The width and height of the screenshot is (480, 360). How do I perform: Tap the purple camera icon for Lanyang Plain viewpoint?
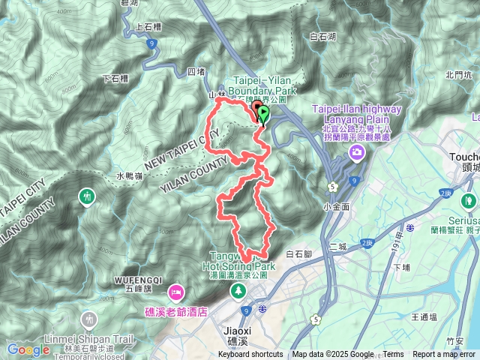click(x=356, y=153)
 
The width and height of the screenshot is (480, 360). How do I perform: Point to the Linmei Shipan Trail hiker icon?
click(x=91, y=319)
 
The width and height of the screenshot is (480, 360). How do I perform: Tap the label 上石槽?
click(x=148, y=25)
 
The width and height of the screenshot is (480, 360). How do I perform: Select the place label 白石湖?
click(x=322, y=36)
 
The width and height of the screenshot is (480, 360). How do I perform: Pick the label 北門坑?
click(x=456, y=74)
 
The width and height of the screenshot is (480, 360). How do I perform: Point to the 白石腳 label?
click(x=299, y=255)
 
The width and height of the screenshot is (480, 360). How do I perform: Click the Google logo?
click(x=28, y=349)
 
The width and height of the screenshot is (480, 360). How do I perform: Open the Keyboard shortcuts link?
click(x=251, y=355)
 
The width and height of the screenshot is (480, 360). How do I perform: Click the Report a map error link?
click(x=444, y=355)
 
